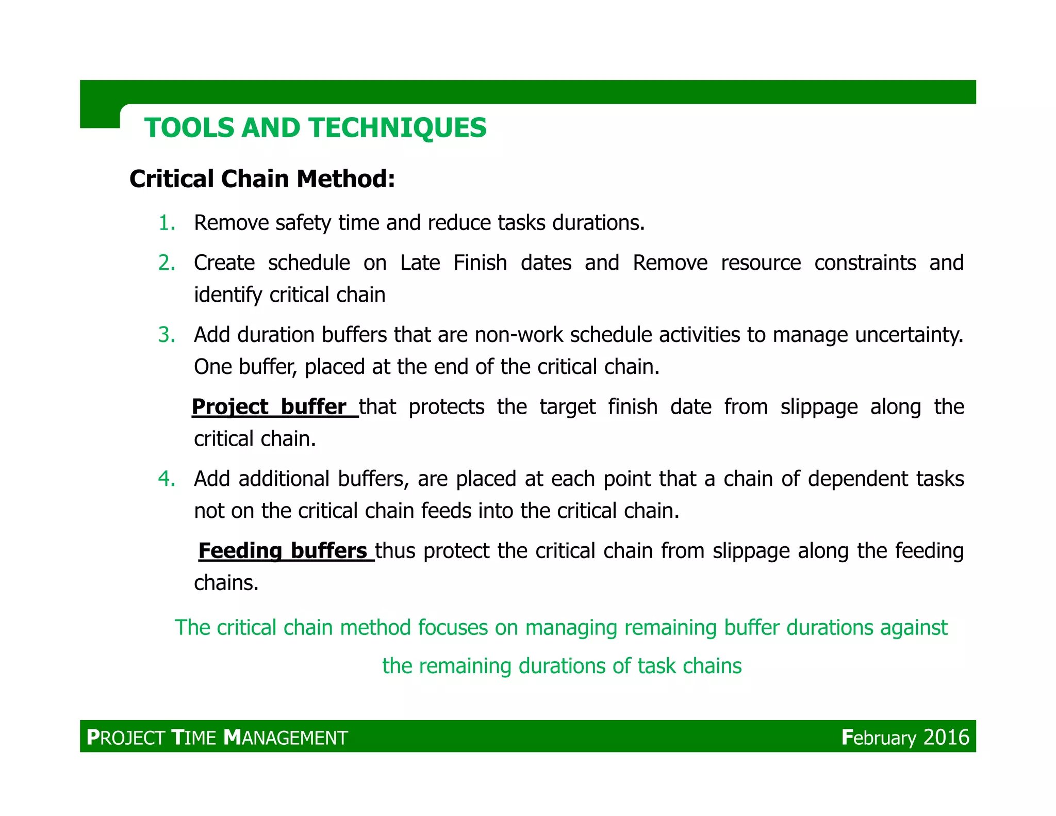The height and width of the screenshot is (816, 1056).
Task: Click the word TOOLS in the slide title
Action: (x=189, y=128)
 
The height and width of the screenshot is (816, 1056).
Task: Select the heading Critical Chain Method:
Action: (x=262, y=179)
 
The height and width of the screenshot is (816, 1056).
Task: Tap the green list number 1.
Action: (x=166, y=223)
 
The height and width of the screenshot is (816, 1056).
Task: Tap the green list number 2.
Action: (x=166, y=263)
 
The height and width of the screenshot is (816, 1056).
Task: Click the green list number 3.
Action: (x=166, y=335)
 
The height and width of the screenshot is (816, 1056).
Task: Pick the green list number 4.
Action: (x=166, y=479)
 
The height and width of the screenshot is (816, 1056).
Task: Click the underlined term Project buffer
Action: (x=269, y=407)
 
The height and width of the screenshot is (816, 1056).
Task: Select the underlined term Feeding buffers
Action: (x=283, y=551)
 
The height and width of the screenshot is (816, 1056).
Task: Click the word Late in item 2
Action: (x=420, y=263)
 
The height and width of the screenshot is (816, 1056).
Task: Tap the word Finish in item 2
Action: (x=480, y=263)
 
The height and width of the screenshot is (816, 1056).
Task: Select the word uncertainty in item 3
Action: (x=909, y=335)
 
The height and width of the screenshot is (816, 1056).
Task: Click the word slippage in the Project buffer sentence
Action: (x=819, y=407)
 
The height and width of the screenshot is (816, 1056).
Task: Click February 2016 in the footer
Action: (x=905, y=737)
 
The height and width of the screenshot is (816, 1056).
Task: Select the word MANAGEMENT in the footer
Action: (x=286, y=738)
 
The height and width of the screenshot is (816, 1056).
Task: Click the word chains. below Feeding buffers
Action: (x=226, y=583)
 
